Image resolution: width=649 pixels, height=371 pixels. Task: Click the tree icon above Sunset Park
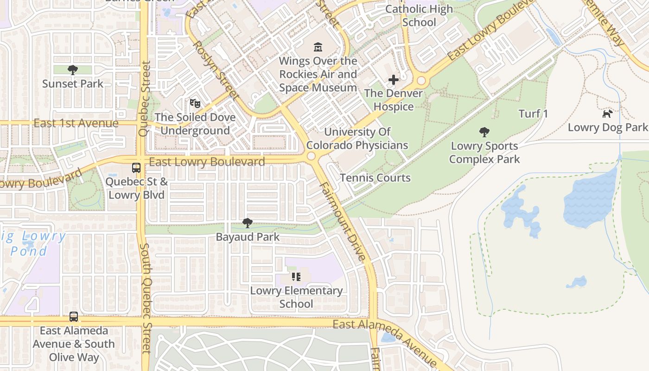coord(72,70)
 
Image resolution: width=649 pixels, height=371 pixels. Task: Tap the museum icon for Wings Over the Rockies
coord(318,47)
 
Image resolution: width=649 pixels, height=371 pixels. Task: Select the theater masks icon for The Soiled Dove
coord(195,103)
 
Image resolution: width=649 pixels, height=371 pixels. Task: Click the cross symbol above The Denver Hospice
coord(394,80)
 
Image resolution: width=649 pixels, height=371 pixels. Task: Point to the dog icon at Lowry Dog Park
coord(607,114)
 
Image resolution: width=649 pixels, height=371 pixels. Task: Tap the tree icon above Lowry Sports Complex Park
coord(484,132)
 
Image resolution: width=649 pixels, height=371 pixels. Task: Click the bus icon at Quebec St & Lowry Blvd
coord(136,167)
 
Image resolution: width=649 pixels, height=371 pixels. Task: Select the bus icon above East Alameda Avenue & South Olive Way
coord(74,317)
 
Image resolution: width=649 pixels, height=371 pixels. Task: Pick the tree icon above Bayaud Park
coord(248,223)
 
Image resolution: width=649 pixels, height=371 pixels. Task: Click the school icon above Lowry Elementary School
coord(296,277)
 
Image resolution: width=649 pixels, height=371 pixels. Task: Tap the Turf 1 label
coord(533,114)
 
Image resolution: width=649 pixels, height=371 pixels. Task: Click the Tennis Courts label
coord(375,178)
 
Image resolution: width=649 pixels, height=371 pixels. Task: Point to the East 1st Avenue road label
coord(76,123)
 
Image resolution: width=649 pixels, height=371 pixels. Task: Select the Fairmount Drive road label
coord(344,222)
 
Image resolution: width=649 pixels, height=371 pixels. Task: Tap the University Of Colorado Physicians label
coord(357,139)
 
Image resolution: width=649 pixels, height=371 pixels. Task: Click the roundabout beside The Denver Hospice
coord(421,81)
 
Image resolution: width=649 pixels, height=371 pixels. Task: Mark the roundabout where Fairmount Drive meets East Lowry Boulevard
coord(312,156)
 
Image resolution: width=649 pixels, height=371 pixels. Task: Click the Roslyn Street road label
coord(215,70)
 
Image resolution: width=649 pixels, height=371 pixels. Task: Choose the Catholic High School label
coord(419,15)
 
